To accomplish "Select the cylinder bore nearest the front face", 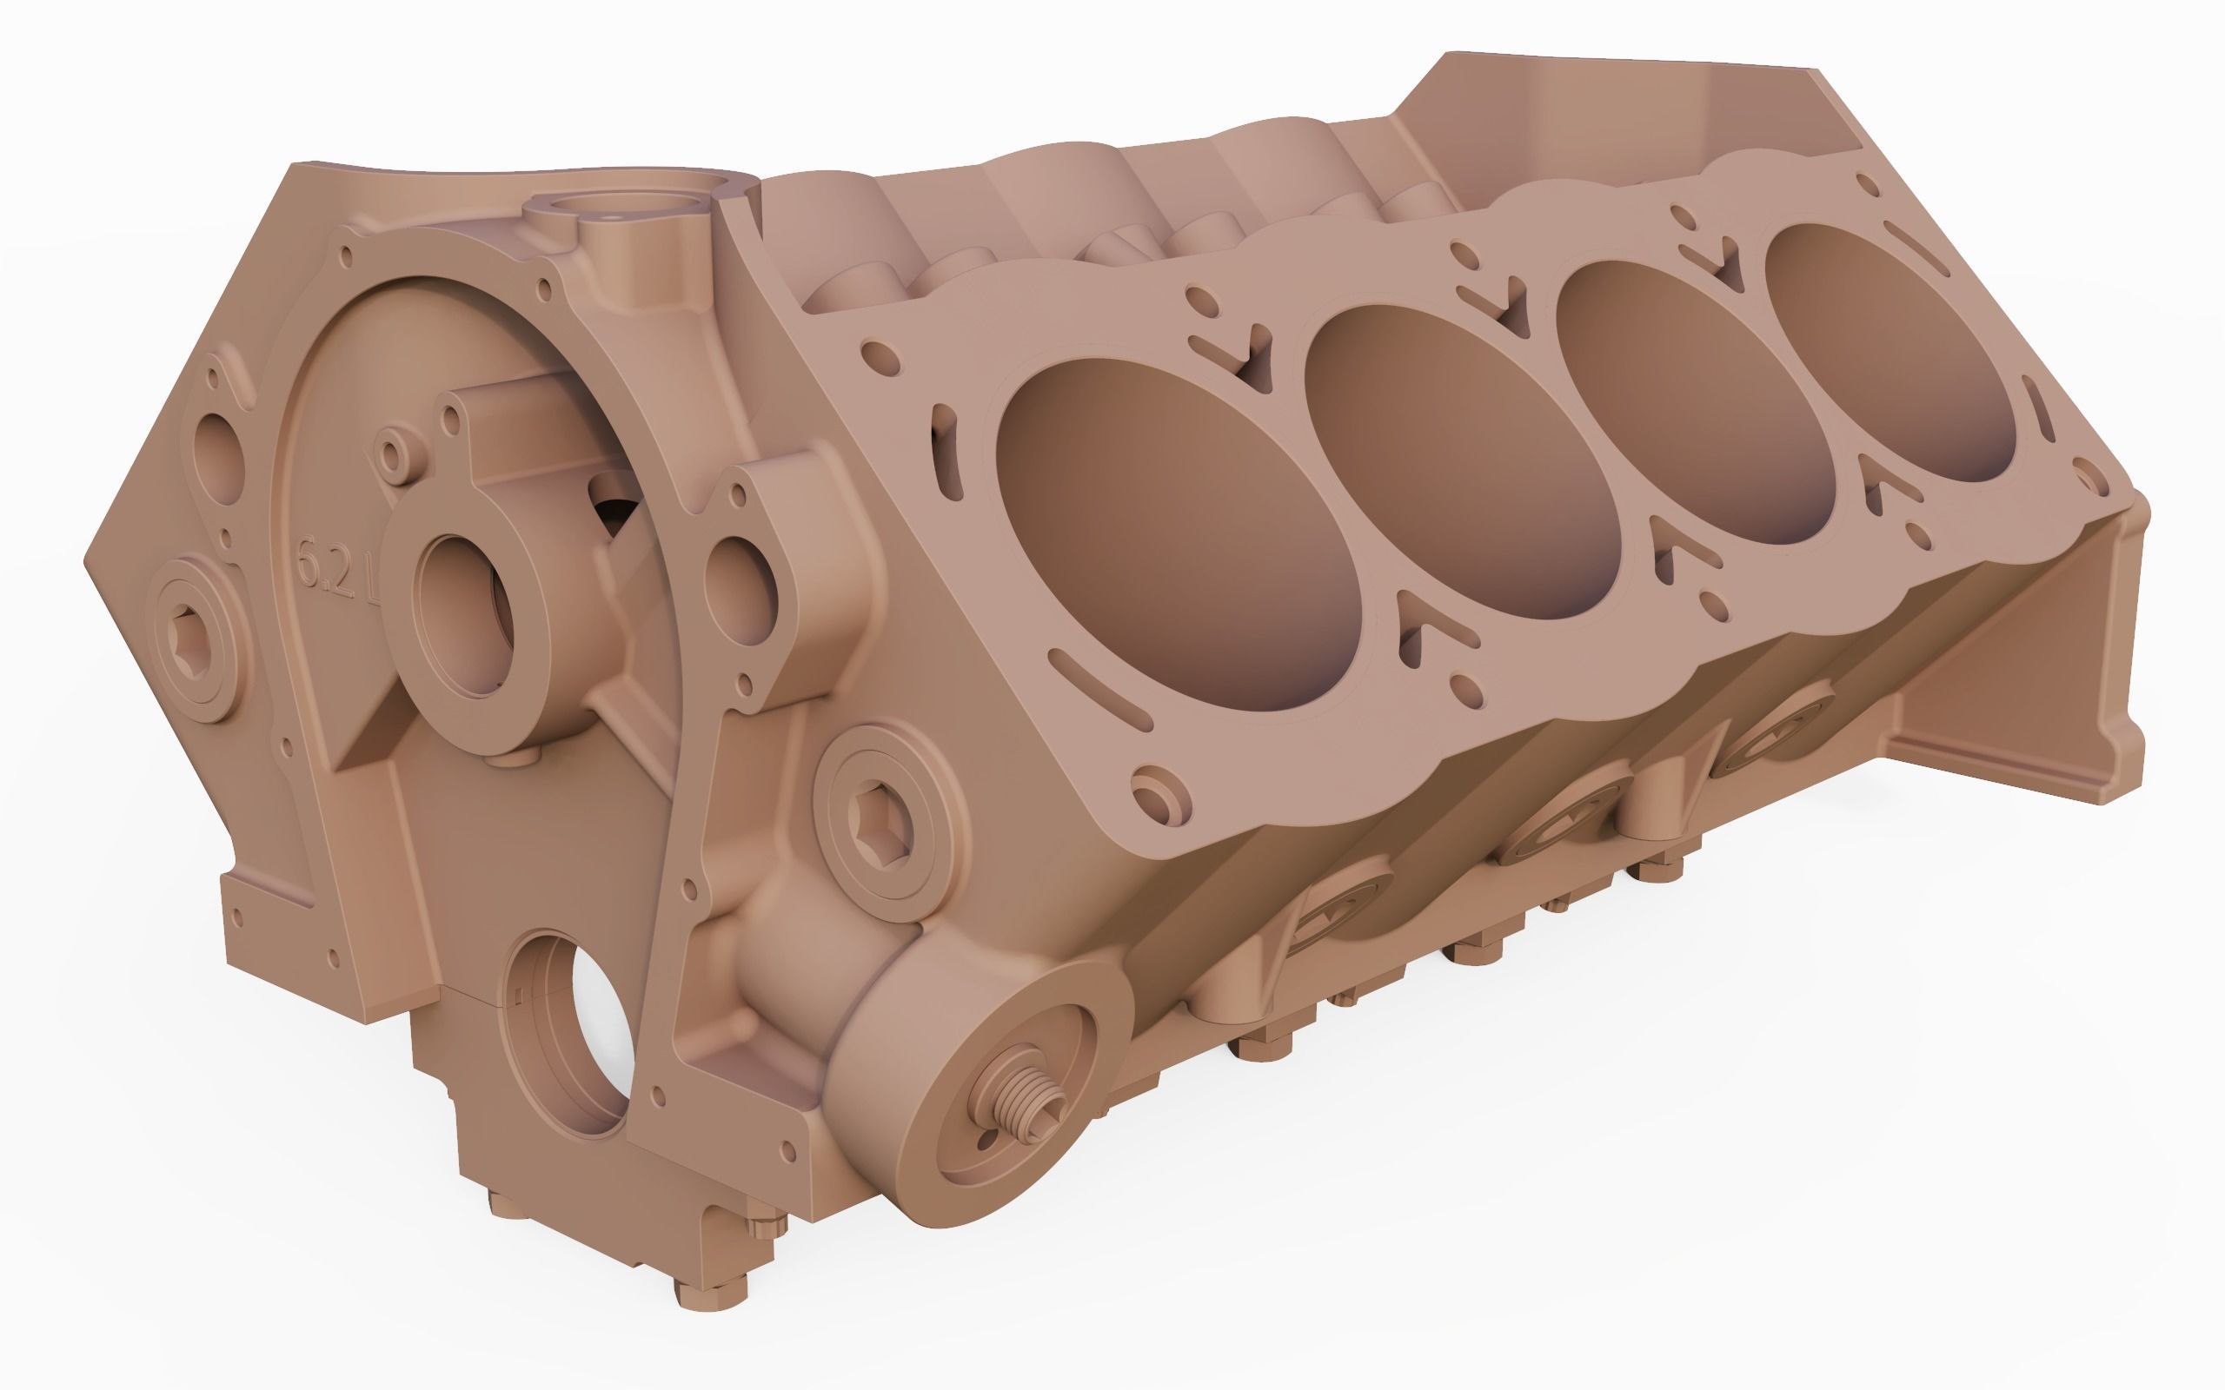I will coord(1177,534).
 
